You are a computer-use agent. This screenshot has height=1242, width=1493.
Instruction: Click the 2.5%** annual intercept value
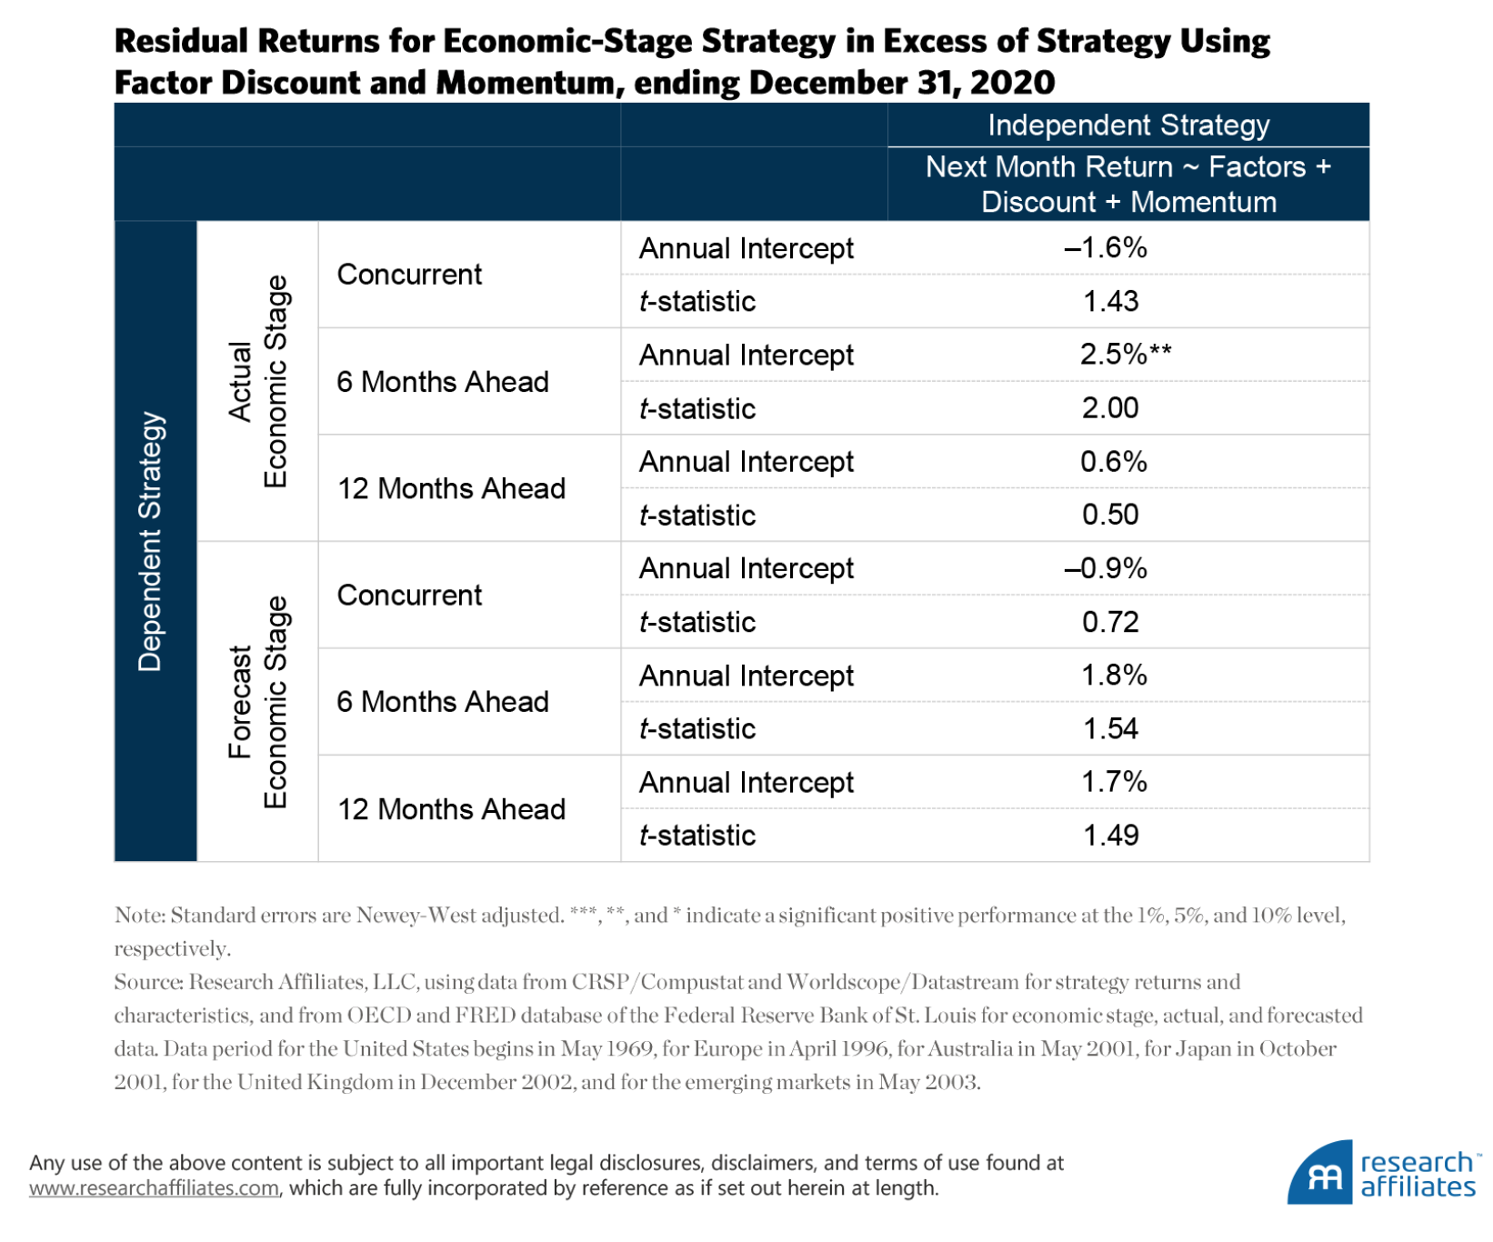pos(1124,354)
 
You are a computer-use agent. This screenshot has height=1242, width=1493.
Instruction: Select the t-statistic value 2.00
pos(1110,407)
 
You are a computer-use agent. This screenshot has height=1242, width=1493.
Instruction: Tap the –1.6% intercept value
pos(1106,247)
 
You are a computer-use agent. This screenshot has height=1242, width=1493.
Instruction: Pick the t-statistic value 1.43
pos(1110,301)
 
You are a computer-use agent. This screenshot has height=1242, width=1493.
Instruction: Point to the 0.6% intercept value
pos(1113,461)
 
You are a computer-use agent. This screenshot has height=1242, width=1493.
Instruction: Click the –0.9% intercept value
pos(1106,568)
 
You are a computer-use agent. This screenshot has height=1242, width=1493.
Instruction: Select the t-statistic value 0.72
pos(1110,622)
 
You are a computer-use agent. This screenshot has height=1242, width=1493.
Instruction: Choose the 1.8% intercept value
pos(1113,675)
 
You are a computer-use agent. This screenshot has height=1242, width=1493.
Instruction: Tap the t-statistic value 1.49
pos(1110,835)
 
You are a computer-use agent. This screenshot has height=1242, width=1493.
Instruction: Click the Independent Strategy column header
pos(1128,125)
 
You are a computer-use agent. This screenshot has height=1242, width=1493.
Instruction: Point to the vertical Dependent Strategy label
pos(151,542)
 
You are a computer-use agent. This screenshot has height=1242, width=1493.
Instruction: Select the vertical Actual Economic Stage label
pos(257,381)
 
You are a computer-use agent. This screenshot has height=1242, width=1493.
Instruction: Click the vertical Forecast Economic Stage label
pos(257,702)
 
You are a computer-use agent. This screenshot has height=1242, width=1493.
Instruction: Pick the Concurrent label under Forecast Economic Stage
pos(409,595)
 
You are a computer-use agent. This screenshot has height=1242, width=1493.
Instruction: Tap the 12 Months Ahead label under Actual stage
pos(451,488)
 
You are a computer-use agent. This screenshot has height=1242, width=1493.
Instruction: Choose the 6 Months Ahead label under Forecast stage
pos(443,702)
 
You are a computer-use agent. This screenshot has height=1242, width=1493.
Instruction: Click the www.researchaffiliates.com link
pos(154,1188)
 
